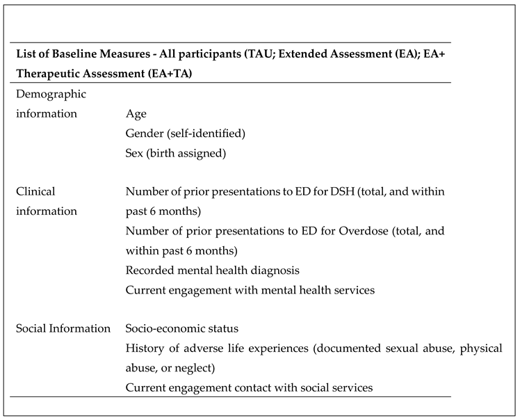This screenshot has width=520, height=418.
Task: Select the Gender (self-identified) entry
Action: (x=186, y=133)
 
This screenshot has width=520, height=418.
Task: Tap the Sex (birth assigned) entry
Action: (x=176, y=152)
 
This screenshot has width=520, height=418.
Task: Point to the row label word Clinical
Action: (x=35, y=191)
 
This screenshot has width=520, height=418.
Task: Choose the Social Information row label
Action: (x=63, y=328)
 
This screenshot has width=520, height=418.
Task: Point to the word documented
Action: (x=345, y=348)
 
